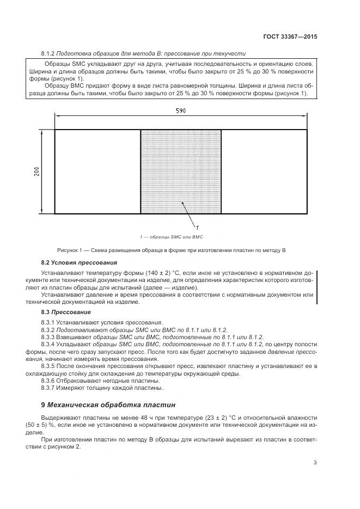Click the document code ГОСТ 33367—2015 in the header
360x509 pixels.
click(x=288, y=37)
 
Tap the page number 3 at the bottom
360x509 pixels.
click(x=315, y=463)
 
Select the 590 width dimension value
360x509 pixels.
click(x=181, y=111)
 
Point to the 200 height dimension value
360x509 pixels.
click(x=36, y=171)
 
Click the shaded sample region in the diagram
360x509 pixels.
click(x=181, y=171)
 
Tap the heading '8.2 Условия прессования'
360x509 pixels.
click(x=68, y=262)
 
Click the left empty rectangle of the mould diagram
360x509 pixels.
click(x=97, y=171)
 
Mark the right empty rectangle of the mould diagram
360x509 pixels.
click(x=264, y=171)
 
